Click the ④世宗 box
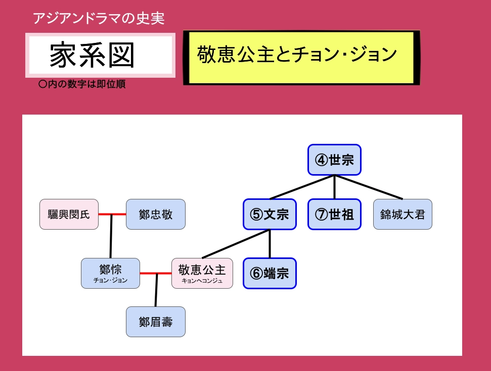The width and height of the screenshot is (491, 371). (334, 161)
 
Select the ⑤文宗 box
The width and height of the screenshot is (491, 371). (270, 215)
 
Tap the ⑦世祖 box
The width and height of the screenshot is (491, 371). (334, 215)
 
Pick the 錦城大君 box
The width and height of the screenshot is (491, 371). (403, 215)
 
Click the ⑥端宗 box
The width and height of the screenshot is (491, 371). (270, 274)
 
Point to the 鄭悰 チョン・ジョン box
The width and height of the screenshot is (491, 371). (110, 273)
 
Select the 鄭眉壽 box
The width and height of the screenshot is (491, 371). (155, 322)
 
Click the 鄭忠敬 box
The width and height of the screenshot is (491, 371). (155, 215)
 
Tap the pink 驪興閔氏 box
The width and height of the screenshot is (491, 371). (69, 215)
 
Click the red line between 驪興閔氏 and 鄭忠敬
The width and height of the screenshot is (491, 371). (112, 215)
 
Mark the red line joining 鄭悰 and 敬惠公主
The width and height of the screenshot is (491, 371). (155, 274)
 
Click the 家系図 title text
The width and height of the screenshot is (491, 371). (93, 55)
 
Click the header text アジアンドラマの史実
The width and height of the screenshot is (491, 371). (99, 19)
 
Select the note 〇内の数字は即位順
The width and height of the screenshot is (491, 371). (82, 85)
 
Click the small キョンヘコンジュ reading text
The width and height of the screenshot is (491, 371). (202, 281)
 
